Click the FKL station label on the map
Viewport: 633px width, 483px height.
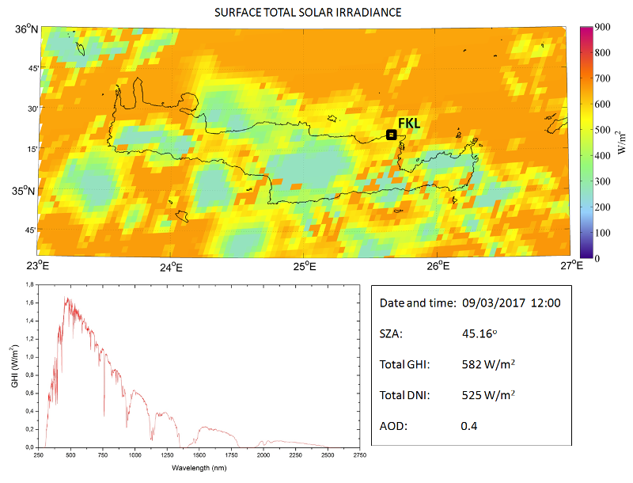(x=409, y=124)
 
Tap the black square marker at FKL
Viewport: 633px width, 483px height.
(x=391, y=135)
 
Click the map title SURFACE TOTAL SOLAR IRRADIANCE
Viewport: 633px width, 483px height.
(x=308, y=13)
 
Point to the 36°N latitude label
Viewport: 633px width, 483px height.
(x=27, y=29)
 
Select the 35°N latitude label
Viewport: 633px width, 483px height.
(x=24, y=191)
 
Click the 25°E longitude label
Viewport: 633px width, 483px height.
(x=305, y=267)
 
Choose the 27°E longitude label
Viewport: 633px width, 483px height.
(x=571, y=266)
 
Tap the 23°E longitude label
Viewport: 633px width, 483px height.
(x=36, y=266)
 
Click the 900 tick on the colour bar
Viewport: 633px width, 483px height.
(x=602, y=27)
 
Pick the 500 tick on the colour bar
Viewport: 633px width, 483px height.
(x=602, y=130)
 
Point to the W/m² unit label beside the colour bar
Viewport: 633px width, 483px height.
(x=622, y=143)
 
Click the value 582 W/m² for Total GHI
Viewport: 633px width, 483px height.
(x=488, y=364)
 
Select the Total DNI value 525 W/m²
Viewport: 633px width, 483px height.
(x=488, y=395)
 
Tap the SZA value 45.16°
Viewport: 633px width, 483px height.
(x=479, y=333)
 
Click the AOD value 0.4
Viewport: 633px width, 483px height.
(x=468, y=426)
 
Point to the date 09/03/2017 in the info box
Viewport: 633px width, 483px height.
(x=494, y=303)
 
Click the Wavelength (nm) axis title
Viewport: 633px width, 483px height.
(x=199, y=468)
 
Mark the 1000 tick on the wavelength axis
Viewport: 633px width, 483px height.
(x=135, y=455)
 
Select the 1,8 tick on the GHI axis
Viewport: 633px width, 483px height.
(x=29, y=284)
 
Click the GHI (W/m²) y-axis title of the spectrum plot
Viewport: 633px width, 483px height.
(x=15, y=366)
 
